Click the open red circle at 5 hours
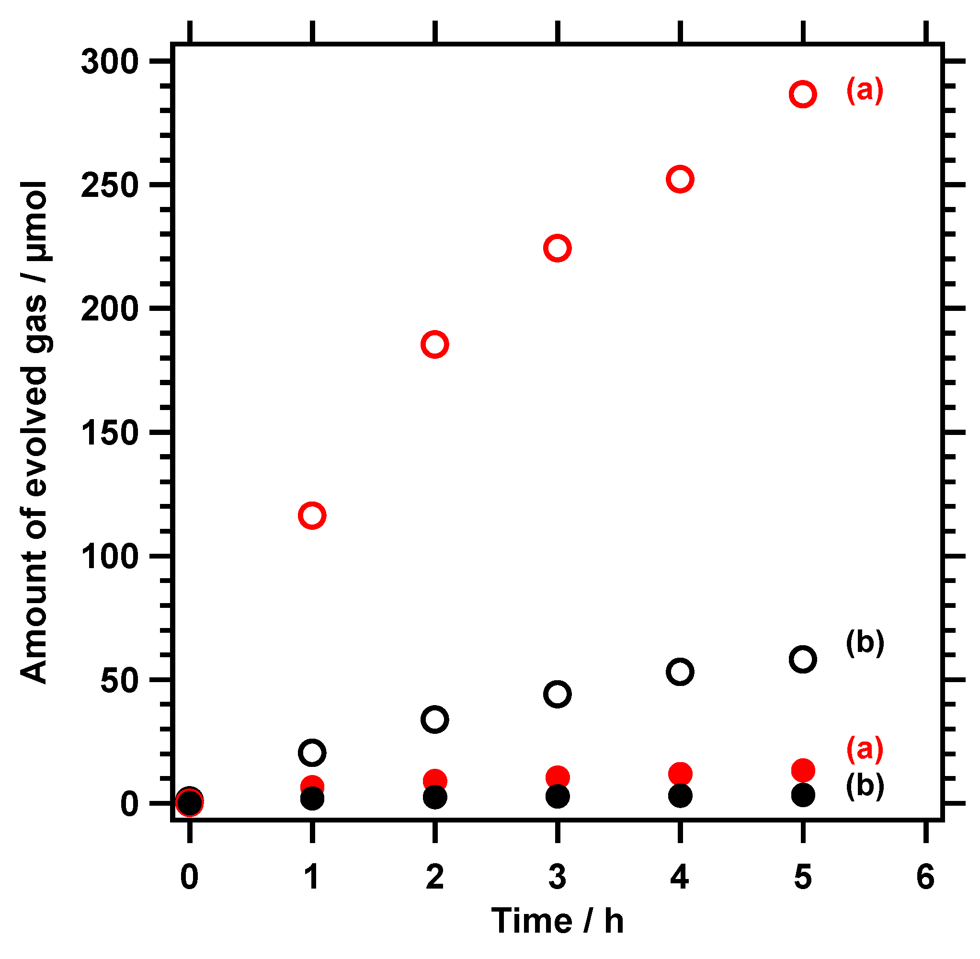(x=802, y=94)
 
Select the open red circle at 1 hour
(x=312, y=515)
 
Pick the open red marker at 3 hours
(x=557, y=248)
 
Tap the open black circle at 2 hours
(x=434, y=719)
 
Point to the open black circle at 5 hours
(x=803, y=659)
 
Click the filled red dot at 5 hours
(x=803, y=770)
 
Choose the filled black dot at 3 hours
(x=558, y=796)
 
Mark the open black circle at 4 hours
(x=680, y=672)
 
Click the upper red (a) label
(x=864, y=90)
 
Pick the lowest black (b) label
(x=865, y=785)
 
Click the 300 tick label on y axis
(x=109, y=62)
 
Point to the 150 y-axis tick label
(x=109, y=433)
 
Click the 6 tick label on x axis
(x=925, y=876)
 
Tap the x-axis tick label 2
(x=434, y=876)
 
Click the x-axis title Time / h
(x=557, y=920)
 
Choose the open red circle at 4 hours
(x=680, y=179)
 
